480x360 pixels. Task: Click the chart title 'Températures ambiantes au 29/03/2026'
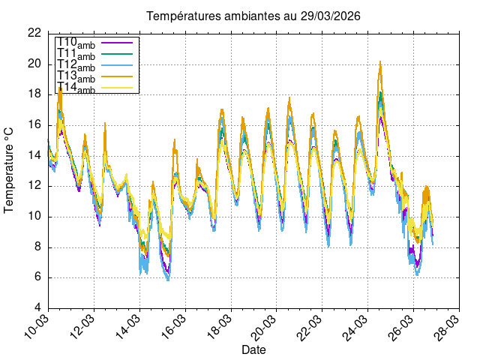[247, 16]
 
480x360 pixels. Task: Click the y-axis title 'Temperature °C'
[10, 169]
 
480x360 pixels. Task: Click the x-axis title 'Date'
[253, 350]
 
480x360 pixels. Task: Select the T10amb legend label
[76, 43]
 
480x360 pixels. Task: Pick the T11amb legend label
[76, 55]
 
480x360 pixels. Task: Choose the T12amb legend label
[76, 66]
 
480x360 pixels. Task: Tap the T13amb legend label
[76, 77]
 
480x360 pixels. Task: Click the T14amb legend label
[76, 88]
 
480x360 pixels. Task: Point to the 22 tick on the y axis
[34, 33]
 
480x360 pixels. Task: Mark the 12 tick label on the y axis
[34, 186]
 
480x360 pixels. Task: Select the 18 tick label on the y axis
[34, 94]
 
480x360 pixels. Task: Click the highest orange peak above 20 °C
[380, 61]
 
